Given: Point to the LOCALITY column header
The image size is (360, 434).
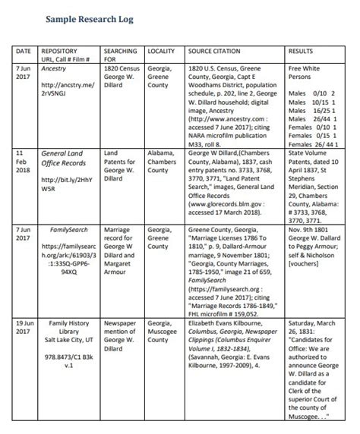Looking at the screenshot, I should coord(161,51).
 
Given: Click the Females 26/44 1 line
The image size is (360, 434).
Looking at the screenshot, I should coord(313,143).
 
